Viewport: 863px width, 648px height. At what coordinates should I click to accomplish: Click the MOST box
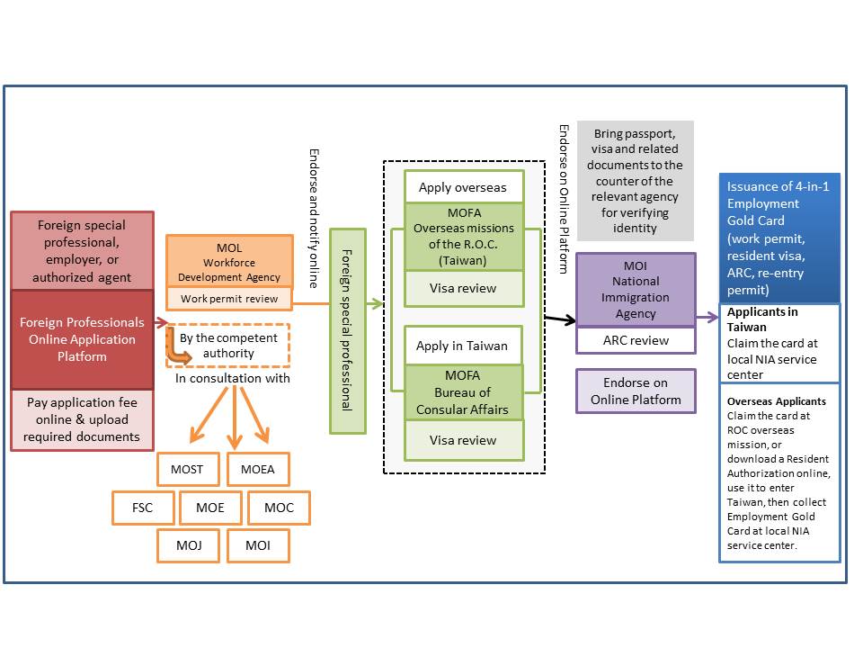pyautogui.click(x=187, y=469)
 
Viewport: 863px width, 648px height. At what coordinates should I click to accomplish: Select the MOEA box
pyautogui.click(x=258, y=469)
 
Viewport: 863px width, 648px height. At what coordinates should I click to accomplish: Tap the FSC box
pyautogui.click(x=142, y=508)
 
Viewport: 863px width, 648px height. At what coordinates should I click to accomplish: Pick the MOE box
pyautogui.click(x=210, y=508)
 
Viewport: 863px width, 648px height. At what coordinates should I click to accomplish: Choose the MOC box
pyautogui.click(x=279, y=508)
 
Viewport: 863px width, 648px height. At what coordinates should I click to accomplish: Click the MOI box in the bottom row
pyautogui.click(x=258, y=545)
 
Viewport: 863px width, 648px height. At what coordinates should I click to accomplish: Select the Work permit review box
pyautogui.click(x=228, y=298)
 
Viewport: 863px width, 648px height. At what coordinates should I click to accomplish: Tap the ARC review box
pyautogui.click(x=636, y=340)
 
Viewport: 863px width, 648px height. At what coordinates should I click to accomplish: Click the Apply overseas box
pyautogui.click(x=463, y=188)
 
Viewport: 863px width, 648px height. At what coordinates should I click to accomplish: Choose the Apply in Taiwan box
pyautogui.click(x=463, y=346)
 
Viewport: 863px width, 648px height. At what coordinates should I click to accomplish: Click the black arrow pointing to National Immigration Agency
pyautogui.click(x=558, y=319)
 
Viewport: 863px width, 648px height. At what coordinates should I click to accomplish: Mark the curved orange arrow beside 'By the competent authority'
pyautogui.click(x=180, y=352)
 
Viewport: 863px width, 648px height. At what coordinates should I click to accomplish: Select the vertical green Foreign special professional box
pyautogui.click(x=348, y=330)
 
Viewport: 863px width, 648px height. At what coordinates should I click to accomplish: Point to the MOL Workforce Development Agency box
pyautogui.click(x=228, y=261)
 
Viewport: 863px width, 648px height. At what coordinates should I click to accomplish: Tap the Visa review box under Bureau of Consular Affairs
pyautogui.click(x=463, y=440)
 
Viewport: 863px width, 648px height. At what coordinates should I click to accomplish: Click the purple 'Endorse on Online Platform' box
pyautogui.click(x=636, y=391)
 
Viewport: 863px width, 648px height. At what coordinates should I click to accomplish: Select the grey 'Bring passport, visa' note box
pyautogui.click(x=636, y=181)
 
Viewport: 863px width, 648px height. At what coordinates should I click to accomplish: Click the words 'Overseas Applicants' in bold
pyautogui.click(x=777, y=400)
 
